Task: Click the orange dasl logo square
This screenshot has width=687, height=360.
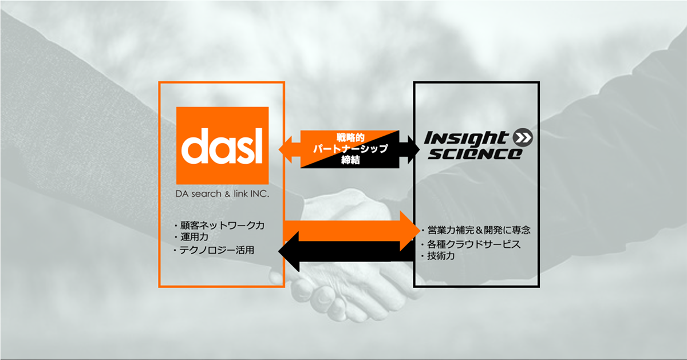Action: pos(222,145)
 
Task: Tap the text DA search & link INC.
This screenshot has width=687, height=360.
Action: pos(222,194)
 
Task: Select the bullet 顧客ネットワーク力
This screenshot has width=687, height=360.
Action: pos(220,226)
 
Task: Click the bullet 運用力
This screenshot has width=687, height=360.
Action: pos(191,237)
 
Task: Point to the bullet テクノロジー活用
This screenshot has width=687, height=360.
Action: pos(214,250)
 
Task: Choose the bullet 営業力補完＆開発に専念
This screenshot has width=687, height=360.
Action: pos(476,230)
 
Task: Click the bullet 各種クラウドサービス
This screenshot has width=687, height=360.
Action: pos(471,244)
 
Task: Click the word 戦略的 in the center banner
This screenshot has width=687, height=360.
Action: pos(350,137)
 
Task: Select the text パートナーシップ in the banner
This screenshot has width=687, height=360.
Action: pos(350,149)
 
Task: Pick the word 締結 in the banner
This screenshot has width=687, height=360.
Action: pos(350,160)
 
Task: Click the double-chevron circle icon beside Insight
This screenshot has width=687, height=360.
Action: pos(523,137)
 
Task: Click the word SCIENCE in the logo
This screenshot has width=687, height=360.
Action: pos(474,153)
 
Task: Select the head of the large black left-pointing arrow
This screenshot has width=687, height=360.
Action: pos(289,251)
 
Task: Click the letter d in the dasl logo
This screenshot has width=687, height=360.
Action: pos(195,146)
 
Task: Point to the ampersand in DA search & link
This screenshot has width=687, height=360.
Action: pos(227,194)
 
